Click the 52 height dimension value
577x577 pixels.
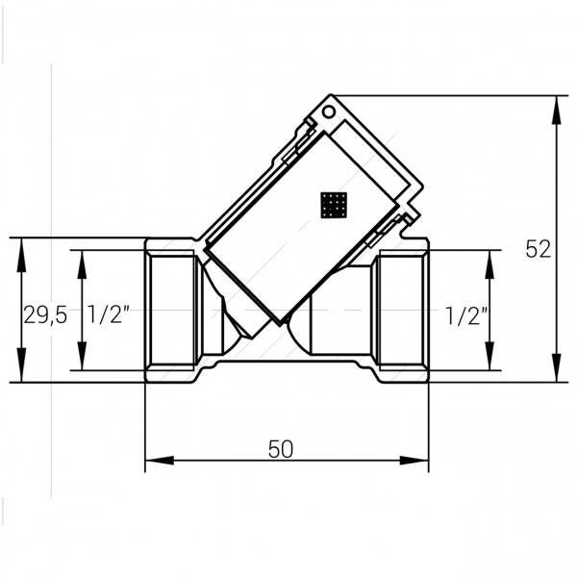(x=539, y=249)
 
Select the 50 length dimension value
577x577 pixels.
(x=280, y=448)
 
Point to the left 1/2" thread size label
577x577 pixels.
(x=108, y=314)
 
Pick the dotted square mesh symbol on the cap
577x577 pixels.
(x=334, y=204)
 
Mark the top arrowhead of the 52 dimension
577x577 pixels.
(x=557, y=104)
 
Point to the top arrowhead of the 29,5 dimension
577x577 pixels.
(x=21, y=246)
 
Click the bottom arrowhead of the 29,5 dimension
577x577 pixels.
(x=21, y=374)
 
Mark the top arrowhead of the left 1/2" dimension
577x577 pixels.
(x=81, y=258)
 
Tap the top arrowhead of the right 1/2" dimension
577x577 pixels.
(x=490, y=258)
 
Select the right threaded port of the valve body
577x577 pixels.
(x=401, y=310)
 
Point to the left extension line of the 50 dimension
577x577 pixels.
(x=145, y=423)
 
